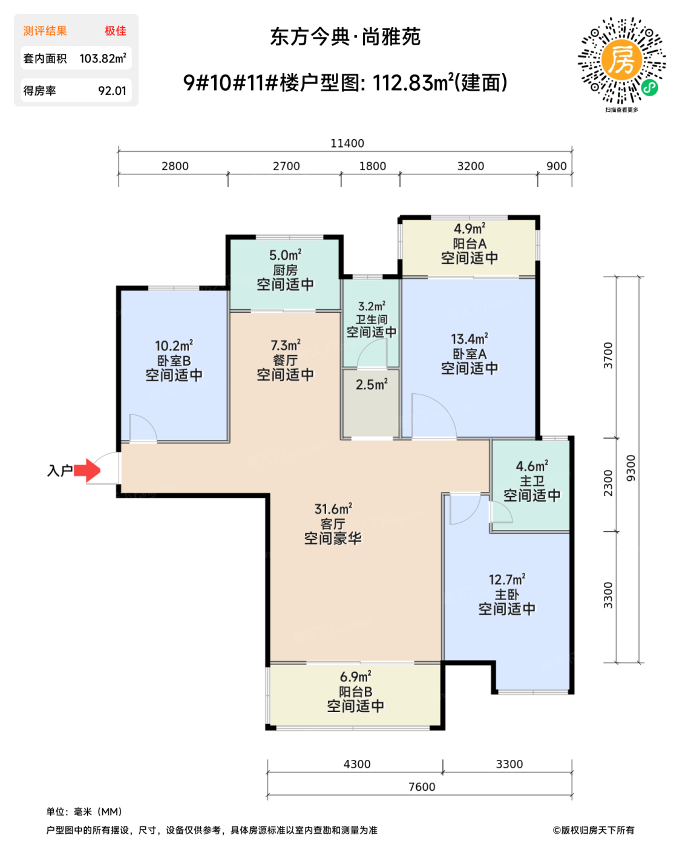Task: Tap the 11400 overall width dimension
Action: (x=347, y=143)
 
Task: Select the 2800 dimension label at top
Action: (x=175, y=166)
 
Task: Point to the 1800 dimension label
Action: (x=372, y=166)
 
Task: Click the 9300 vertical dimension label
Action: (x=630, y=468)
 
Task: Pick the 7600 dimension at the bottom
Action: (x=421, y=786)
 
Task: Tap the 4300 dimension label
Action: (x=357, y=764)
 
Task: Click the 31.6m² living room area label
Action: (x=333, y=509)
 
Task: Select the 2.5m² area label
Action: (x=371, y=384)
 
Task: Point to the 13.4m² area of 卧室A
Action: (x=469, y=339)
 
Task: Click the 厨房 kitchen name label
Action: (x=285, y=270)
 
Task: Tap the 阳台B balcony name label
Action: (x=355, y=692)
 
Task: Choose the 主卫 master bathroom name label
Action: (x=531, y=480)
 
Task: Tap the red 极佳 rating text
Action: (x=116, y=31)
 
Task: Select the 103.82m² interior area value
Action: (x=103, y=58)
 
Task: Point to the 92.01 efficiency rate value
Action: (x=112, y=91)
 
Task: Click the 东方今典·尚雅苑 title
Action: (x=345, y=37)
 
